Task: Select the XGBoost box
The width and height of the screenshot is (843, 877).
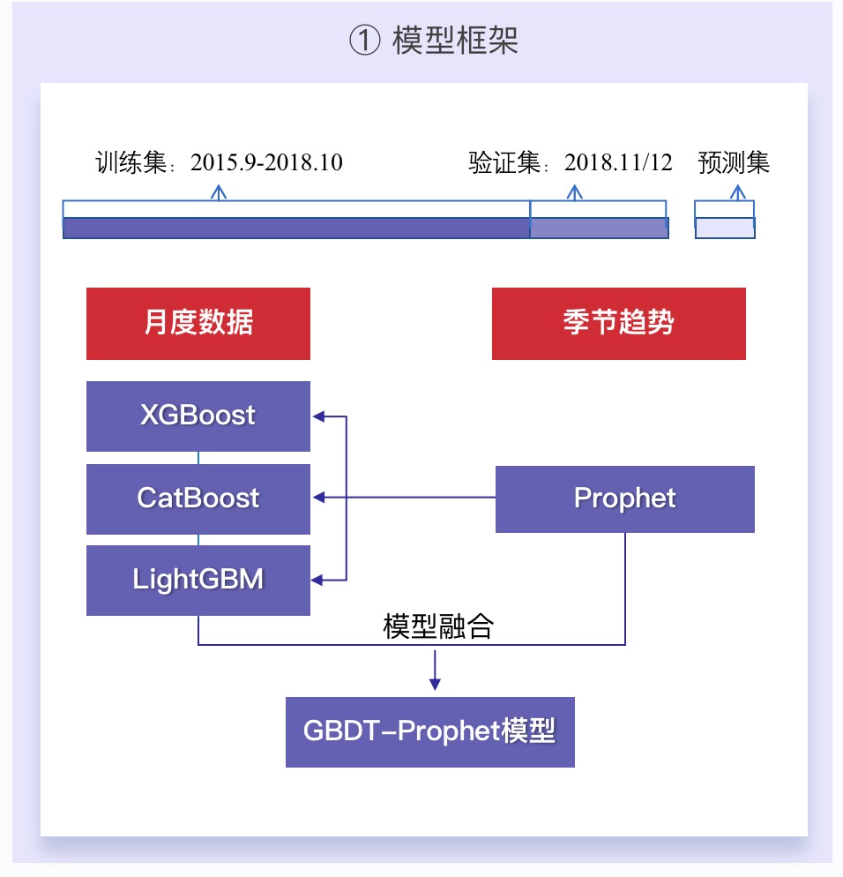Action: click(198, 416)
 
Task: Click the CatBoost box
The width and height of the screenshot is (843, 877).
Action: click(198, 498)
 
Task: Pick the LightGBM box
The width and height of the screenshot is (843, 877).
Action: click(198, 580)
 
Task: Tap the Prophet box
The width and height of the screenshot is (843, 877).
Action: click(624, 498)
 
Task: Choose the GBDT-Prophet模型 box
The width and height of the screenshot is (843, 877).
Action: click(429, 731)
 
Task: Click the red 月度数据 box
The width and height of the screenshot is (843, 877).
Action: click(198, 323)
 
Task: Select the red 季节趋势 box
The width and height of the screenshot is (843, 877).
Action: click(618, 323)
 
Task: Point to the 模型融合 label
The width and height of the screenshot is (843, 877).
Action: click(438, 626)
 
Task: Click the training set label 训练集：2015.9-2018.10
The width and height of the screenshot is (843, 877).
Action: click(219, 163)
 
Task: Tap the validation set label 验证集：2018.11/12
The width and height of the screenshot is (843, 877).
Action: click(571, 163)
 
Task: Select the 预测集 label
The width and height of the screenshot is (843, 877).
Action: click(734, 163)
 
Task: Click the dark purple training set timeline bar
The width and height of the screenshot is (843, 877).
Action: click(295, 228)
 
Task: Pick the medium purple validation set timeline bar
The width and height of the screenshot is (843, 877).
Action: click(598, 228)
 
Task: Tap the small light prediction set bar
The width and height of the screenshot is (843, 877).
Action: click(725, 228)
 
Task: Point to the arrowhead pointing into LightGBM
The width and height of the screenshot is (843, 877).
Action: click(317, 580)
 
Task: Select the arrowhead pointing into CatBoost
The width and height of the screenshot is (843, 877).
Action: click(317, 498)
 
